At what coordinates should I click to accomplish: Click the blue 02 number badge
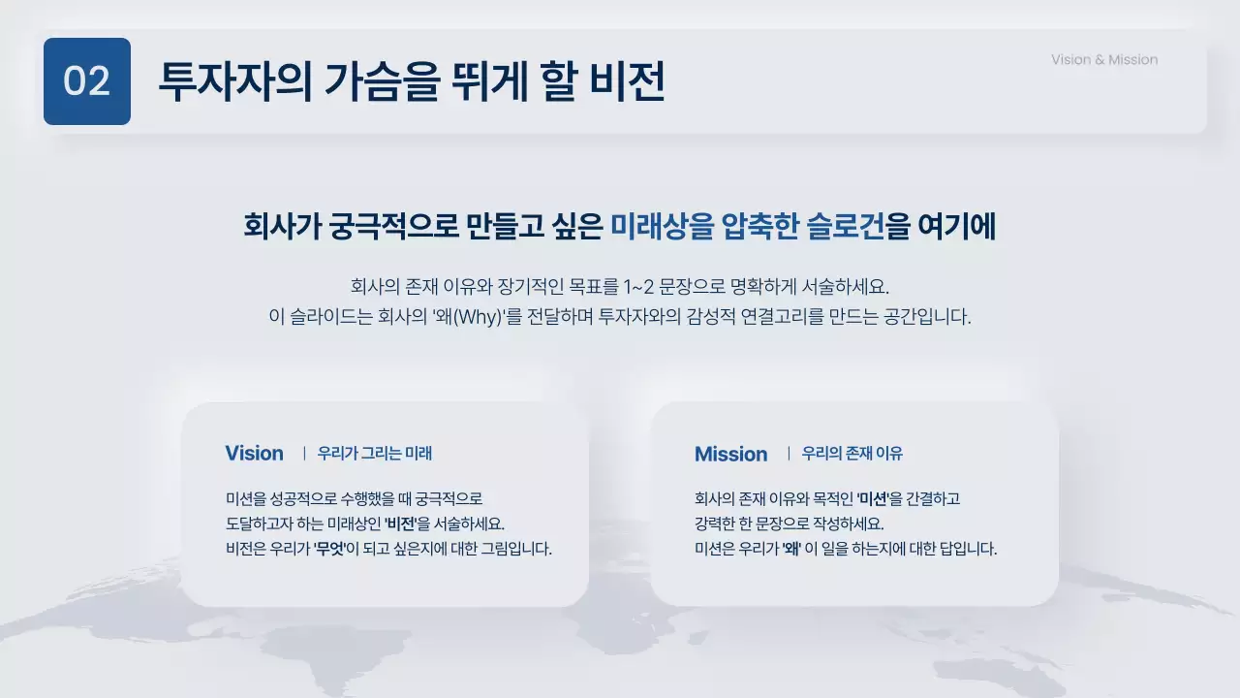[87, 81]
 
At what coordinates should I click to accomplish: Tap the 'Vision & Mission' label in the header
[1104, 60]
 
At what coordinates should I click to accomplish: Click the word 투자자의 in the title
[222, 81]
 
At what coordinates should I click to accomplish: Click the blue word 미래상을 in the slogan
[662, 227]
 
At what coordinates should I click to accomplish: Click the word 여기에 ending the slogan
[956, 227]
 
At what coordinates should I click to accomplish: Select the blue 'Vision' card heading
[254, 454]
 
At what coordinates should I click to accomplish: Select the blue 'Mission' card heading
[730, 455]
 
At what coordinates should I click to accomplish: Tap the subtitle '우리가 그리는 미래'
[375, 454]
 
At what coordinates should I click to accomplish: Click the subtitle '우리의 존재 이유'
[852, 454]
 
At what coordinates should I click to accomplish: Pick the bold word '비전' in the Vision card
[400, 523]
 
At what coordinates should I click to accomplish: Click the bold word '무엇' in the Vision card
[330, 549]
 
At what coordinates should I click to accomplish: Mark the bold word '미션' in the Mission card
[873, 499]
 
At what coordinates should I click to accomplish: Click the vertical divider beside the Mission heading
[789, 454]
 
